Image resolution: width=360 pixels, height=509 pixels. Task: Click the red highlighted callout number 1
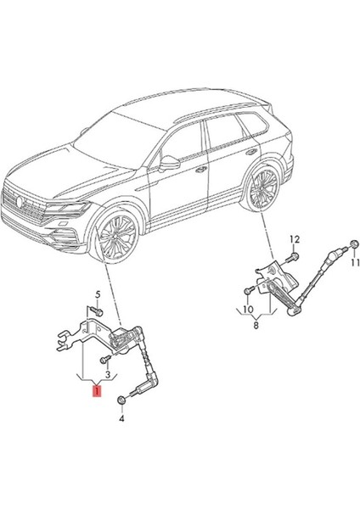click(x=97, y=391)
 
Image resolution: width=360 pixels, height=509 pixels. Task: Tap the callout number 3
click(x=108, y=372)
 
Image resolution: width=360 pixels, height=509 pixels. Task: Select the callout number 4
click(x=121, y=419)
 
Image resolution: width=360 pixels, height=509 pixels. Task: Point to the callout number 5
click(x=98, y=295)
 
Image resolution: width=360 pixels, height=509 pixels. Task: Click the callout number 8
click(x=256, y=325)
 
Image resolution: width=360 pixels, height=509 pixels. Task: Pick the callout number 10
click(x=248, y=309)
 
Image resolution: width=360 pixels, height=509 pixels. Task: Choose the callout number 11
click(x=355, y=262)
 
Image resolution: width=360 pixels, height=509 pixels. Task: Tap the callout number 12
click(x=295, y=239)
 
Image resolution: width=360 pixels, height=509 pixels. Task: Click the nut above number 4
click(x=121, y=400)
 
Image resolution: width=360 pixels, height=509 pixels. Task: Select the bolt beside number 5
click(x=96, y=311)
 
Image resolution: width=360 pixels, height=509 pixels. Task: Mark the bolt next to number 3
click(x=105, y=360)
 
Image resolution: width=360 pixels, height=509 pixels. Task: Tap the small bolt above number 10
click(x=250, y=289)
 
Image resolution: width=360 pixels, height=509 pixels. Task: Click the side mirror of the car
click(x=169, y=163)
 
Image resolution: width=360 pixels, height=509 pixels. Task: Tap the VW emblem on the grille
click(x=20, y=202)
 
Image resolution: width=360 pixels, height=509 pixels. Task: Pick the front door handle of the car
click(x=201, y=169)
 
